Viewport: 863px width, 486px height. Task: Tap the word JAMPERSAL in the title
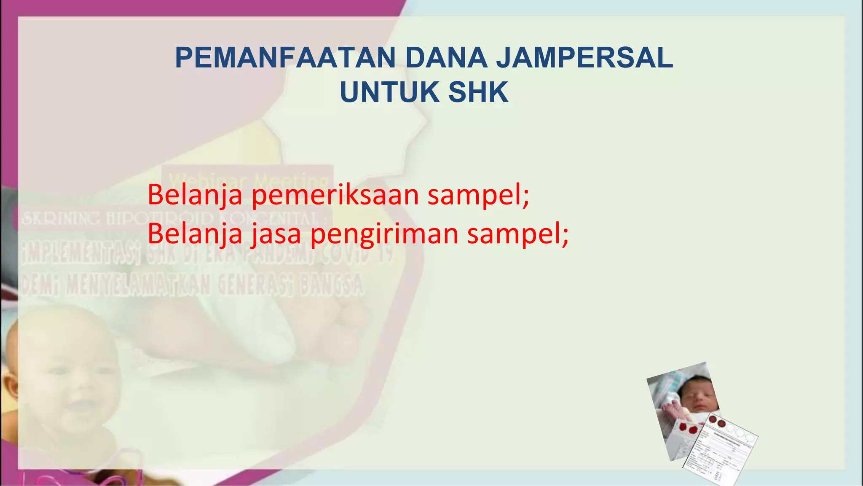tap(584, 58)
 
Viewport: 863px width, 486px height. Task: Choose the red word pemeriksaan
tap(335, 195)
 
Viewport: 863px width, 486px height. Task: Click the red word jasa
tap(276, 234)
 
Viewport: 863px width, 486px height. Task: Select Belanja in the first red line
tap(195, 195)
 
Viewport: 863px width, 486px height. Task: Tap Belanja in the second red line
tap(195, 234)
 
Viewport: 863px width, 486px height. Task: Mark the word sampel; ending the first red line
tap(478, 195)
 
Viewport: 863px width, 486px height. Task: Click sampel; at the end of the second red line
tap(517, 234)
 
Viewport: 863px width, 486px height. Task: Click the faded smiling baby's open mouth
tap(80, 406)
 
